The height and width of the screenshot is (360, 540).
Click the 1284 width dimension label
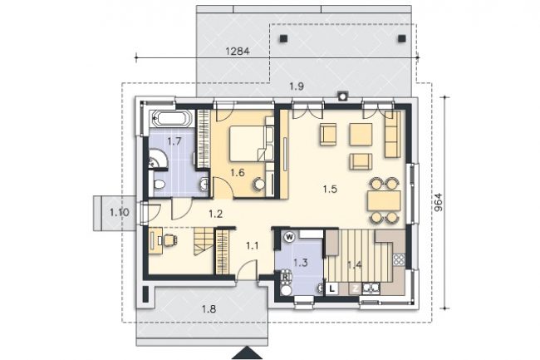237,52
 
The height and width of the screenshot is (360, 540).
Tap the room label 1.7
174,141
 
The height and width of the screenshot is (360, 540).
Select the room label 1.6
238,172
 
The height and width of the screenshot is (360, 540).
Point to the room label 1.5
330,189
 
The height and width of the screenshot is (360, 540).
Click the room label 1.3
300,263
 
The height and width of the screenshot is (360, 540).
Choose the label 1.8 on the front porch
209,308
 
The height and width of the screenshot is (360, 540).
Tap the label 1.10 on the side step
120,212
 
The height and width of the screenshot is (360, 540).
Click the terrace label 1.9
297,86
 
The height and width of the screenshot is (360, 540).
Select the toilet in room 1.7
159,185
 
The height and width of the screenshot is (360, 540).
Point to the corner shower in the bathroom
158,160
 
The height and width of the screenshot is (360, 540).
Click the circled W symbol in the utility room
290,237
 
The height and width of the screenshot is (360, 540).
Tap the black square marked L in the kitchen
332,288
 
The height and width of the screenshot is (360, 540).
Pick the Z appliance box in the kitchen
355,288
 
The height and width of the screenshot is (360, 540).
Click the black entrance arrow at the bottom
248,353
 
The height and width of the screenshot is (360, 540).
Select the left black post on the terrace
284,38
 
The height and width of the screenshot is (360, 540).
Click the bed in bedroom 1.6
248,143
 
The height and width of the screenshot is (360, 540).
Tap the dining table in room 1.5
384,201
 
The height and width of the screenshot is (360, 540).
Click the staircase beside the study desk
203,241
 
